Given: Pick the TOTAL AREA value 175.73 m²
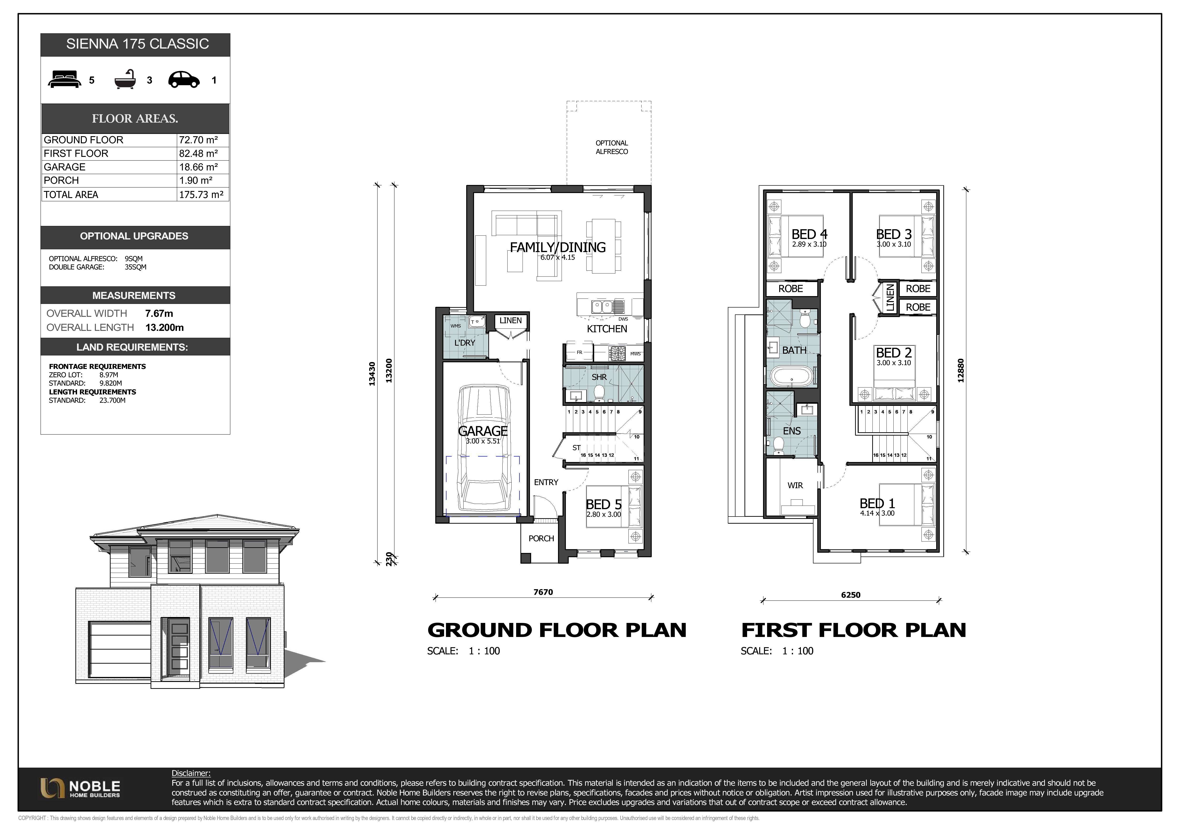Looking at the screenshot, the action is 201,194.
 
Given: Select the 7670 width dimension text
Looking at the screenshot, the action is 543,592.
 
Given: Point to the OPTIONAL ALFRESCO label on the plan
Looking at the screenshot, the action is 612,147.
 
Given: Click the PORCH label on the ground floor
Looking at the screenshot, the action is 541,538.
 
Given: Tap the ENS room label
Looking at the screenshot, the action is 792,431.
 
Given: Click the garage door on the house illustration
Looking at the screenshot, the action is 119,652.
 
